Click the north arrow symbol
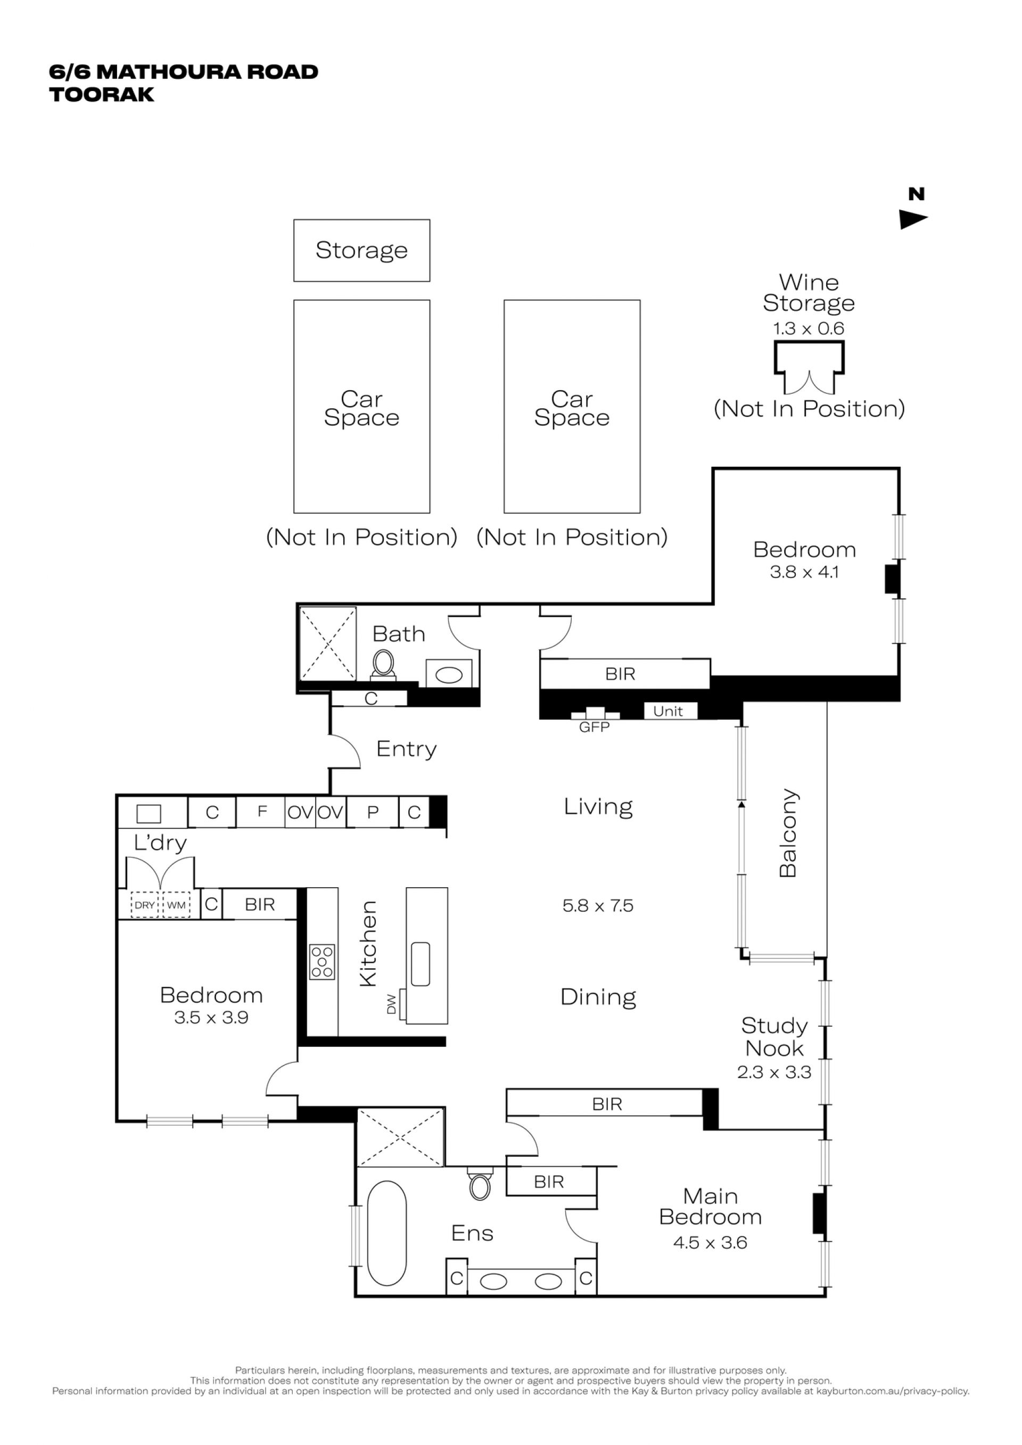[x=913, y=219]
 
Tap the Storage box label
[x=362, y=251]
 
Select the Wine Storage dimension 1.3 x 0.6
[x=809, y=328]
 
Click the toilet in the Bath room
[x=383, y=665]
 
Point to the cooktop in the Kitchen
[x=322, y=962]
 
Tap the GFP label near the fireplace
[x=594, y=728]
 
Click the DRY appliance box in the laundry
[x=145, y=905]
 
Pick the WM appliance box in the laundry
[x=176, y=905]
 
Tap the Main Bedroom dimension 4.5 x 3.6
[x=710, y=1243]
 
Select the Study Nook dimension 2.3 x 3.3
[x=774, y=1072]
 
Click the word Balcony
[x=788, y=832]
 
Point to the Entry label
[x=407, y=749]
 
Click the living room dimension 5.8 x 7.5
[x=598, y=906]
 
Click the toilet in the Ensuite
[x=480, y=1184]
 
